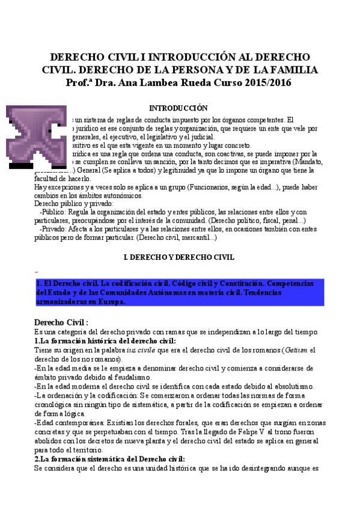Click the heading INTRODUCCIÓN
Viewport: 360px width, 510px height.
click(x=178, y=108)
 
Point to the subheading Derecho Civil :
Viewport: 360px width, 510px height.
click(x=61, y=322)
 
